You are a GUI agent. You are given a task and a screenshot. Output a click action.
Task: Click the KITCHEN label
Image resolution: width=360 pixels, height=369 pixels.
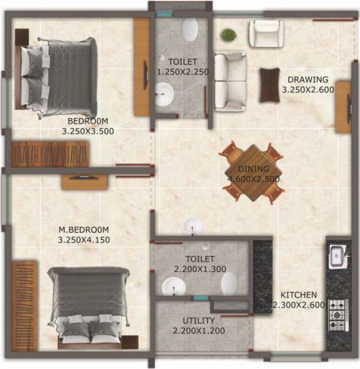click(299, 295)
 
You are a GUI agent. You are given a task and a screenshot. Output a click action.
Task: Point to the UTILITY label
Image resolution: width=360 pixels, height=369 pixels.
click(198, 320)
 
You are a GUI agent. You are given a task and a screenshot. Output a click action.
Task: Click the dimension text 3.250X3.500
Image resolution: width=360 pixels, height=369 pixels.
click(88, 130)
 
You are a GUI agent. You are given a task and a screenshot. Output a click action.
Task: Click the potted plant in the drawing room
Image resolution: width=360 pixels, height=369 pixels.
click(229, 34)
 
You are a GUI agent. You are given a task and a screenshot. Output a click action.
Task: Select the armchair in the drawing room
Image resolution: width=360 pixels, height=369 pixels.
click(265, 34)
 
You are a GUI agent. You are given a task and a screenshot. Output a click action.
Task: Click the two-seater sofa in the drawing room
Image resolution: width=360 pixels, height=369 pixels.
click(229, 79)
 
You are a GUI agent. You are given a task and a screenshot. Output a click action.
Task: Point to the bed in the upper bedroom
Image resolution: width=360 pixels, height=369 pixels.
click(60, 76)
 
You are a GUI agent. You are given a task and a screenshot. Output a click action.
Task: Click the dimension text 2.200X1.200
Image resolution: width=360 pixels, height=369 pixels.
click(198, 331)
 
